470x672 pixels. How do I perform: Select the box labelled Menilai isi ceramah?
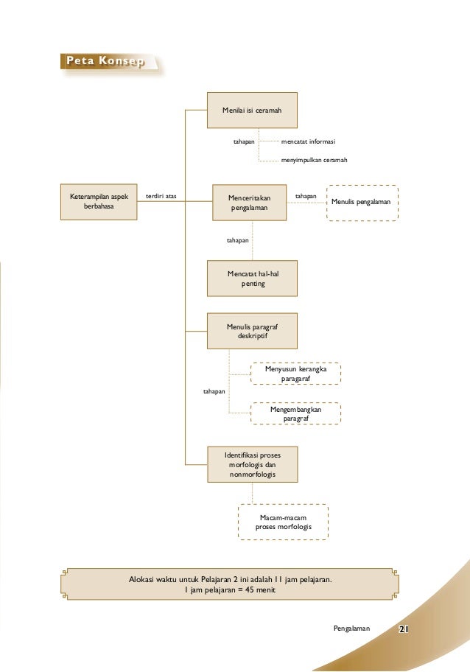[252, 110]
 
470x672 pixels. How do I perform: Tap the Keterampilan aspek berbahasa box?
[99, 202]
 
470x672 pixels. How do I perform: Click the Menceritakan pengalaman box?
[249, 203]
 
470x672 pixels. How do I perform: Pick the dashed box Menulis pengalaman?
[362, 203]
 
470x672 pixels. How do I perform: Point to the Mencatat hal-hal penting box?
[252, 278]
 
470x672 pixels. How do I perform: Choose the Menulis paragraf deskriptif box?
[252, 331]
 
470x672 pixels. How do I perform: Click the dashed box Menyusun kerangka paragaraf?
[295, 374]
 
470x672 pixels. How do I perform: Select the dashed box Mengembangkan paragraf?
[295, 413]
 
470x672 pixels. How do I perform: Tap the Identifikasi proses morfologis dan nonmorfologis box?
[253, 464]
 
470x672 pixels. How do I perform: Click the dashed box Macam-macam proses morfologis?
[283, 522]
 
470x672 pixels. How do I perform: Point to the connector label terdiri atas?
[161, 196]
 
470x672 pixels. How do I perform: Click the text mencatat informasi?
[308, 141]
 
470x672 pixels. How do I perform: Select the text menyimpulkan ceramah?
[314, 160]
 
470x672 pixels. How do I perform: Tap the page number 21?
[403, 629]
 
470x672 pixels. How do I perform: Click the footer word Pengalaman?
[351, 629]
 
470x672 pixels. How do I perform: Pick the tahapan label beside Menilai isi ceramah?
[244, 141]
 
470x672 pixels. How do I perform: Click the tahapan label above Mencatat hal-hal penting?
[237, 240]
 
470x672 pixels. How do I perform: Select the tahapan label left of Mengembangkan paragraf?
[214, 391]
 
